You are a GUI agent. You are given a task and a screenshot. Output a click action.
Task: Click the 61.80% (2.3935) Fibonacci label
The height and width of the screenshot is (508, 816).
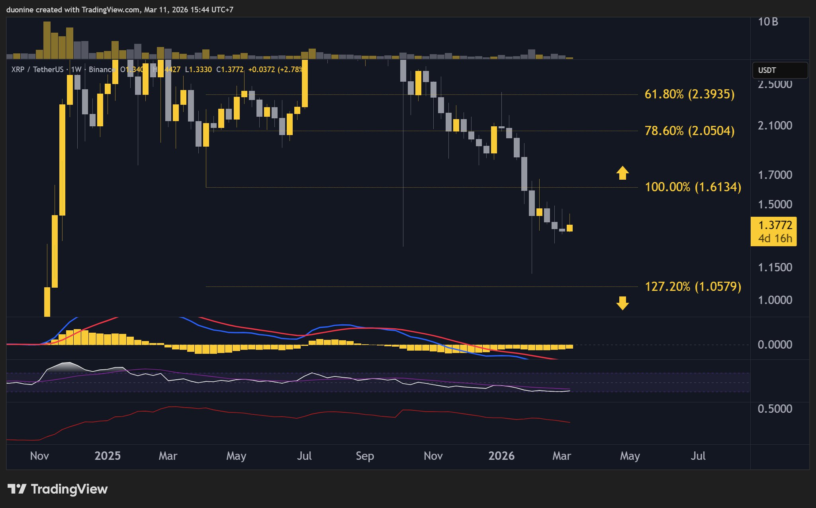point(689,94)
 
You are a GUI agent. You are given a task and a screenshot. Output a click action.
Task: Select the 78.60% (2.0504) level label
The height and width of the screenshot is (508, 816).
point(689,131)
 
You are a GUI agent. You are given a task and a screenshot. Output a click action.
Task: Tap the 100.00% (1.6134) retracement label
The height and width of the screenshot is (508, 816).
point(693,187)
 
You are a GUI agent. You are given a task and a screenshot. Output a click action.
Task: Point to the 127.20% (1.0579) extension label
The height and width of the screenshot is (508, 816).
point(693,286)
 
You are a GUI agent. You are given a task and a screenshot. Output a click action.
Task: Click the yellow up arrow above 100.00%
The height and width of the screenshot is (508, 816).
point(622,173)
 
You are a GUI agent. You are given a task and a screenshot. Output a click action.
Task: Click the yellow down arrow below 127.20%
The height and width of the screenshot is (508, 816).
point(622,303)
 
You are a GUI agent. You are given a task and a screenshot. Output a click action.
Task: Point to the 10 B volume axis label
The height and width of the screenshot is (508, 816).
point(768,22)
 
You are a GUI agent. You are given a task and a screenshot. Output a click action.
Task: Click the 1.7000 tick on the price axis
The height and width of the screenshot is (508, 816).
point(775,175)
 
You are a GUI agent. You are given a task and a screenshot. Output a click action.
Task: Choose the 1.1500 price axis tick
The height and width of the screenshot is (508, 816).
point(775,267)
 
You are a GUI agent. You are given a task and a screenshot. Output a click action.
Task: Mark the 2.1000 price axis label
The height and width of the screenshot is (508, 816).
point(775,126)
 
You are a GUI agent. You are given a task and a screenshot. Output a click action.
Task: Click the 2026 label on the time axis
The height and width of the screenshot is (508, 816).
point(501,456)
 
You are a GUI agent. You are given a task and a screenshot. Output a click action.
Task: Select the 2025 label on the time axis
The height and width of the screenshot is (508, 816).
point(108,456)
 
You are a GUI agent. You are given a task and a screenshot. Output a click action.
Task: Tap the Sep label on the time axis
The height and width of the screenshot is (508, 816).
point(365,456)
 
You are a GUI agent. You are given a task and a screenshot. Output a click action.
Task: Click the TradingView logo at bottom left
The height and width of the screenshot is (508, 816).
point(58,489)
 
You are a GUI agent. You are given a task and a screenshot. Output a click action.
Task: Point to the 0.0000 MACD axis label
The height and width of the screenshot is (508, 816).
point(775,345)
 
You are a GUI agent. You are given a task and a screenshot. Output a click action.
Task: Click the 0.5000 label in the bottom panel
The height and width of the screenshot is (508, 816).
point(775,409)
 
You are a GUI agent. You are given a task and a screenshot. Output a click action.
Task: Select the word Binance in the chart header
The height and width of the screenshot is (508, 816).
point(102,70)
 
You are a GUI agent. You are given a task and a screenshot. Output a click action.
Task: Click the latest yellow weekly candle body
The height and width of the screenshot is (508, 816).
point(569,228)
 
